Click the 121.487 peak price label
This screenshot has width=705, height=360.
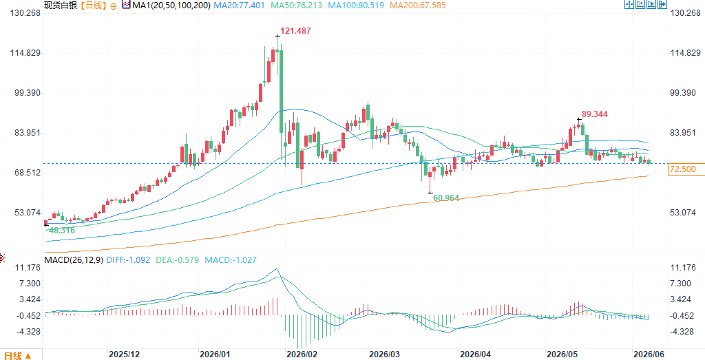click(x=295, y=31)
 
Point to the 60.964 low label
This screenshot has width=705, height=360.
click(x=446, y=198)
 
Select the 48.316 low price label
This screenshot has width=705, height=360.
click(x=62, y=231)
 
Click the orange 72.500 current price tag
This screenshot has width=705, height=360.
click(x=682, y=169)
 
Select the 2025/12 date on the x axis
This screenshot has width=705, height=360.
click(x=124, y=354)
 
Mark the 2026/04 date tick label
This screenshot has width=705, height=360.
click(x=474, y=354)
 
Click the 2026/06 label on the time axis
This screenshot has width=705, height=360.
click(x=647, y=354)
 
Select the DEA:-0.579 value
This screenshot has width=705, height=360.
click(x=178, y=260)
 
